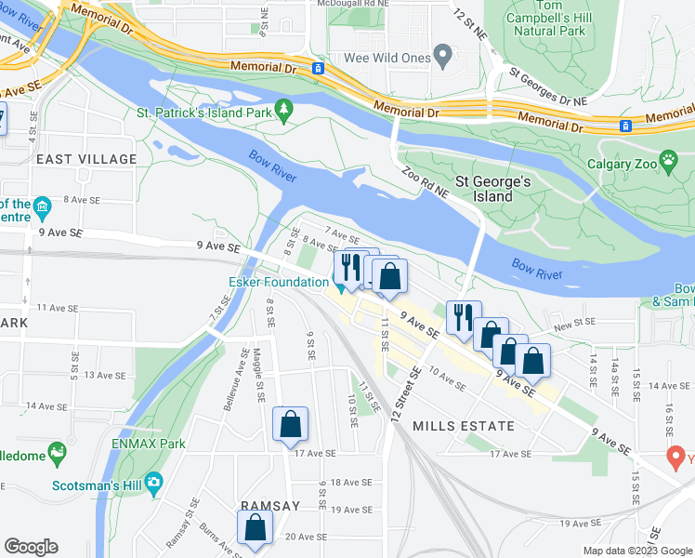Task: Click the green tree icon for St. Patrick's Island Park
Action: coord(285,113)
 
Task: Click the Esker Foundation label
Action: coord(278,281)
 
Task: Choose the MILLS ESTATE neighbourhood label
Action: coord(463,426)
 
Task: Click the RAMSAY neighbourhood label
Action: coord(270,505)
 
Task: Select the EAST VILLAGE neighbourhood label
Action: coord(86,159)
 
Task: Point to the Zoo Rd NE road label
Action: coord(426,181)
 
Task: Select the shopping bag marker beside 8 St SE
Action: coord(290,424)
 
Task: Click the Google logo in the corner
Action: coord(31,547)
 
